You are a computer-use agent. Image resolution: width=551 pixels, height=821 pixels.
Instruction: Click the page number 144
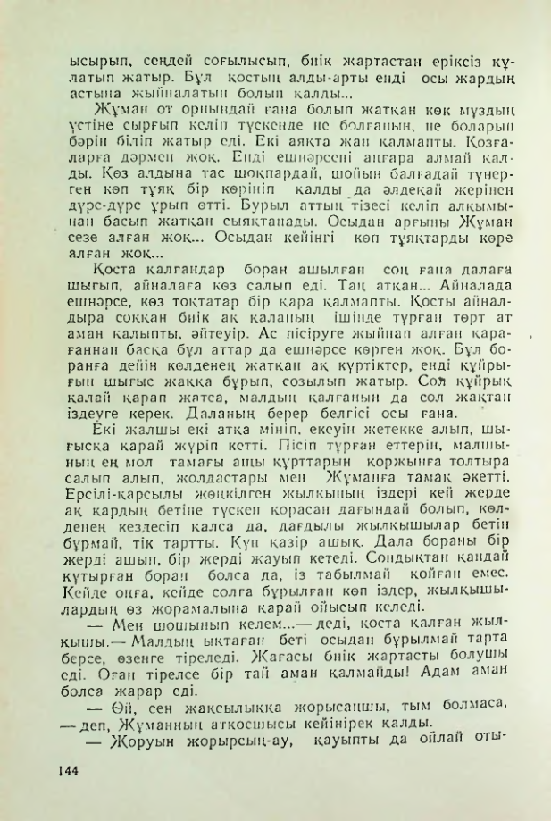coord(71,769)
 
